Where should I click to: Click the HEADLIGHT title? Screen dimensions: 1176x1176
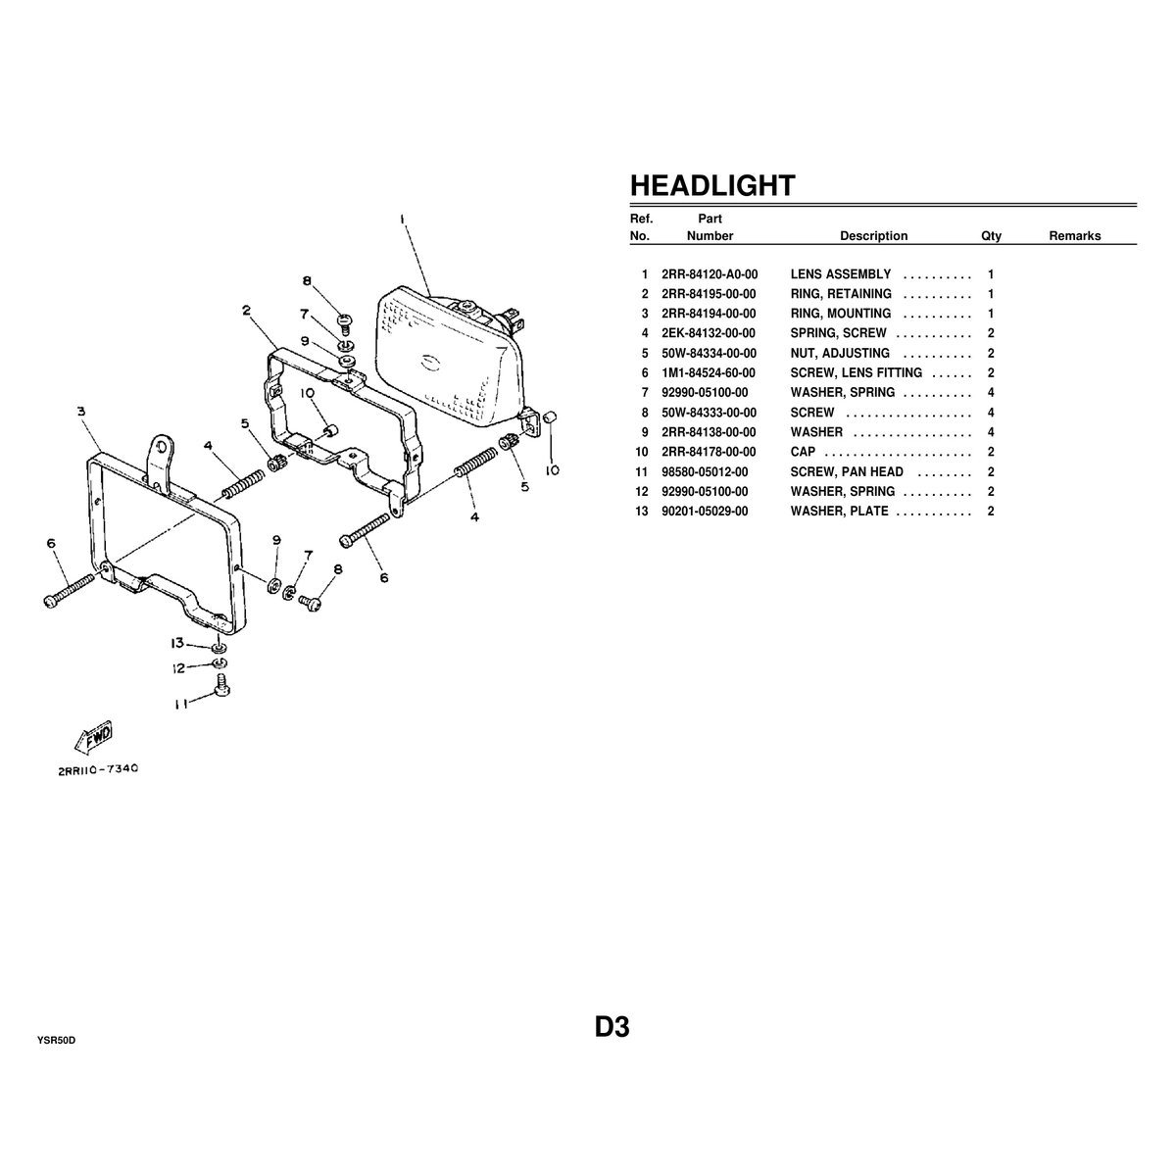(x=712, y=185)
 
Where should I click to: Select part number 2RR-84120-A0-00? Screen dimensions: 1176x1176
(x=710, y=274)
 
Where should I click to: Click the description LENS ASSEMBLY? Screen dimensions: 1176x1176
(x=840, y=274)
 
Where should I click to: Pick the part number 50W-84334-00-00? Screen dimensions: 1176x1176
(x=710, y=354)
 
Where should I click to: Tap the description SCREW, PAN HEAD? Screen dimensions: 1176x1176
(x=847, y=471)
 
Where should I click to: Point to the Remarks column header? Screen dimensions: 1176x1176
(x=1075, y=236)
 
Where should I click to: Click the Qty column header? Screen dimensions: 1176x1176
(x=991, y=236)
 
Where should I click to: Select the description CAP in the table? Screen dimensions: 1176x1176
(x=803, y=452)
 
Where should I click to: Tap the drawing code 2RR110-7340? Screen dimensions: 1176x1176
(x=98, y=769)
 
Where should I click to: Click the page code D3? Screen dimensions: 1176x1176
(x=612, y=1027)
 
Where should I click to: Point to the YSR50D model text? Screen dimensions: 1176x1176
(x=56, y=1041)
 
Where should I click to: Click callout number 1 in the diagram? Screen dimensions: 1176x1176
(x=404, y=220)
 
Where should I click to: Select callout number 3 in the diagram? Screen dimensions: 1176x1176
(x=81, y=412)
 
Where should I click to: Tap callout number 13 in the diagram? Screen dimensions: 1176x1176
(x=177, y=643)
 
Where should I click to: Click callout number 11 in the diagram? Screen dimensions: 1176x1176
(x=180, y=705)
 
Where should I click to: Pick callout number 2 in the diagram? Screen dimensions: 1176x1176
(x=246, y=311)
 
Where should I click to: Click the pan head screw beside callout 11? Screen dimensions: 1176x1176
(x=221, y=685)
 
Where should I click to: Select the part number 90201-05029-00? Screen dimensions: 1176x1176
(x=705, y=512)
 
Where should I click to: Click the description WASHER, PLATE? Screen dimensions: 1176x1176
(x=839, y=512)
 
